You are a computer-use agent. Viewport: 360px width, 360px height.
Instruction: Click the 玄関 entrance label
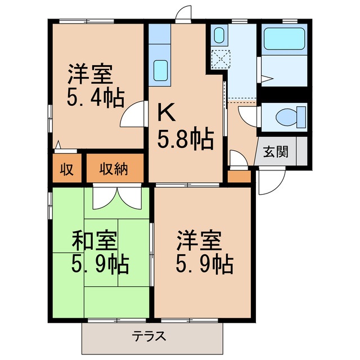(275, 151)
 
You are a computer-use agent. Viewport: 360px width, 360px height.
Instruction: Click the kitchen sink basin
(161, 70)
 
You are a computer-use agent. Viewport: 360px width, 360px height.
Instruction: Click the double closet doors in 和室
(117, 197)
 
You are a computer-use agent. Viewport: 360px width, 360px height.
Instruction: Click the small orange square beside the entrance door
(239, 177)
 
